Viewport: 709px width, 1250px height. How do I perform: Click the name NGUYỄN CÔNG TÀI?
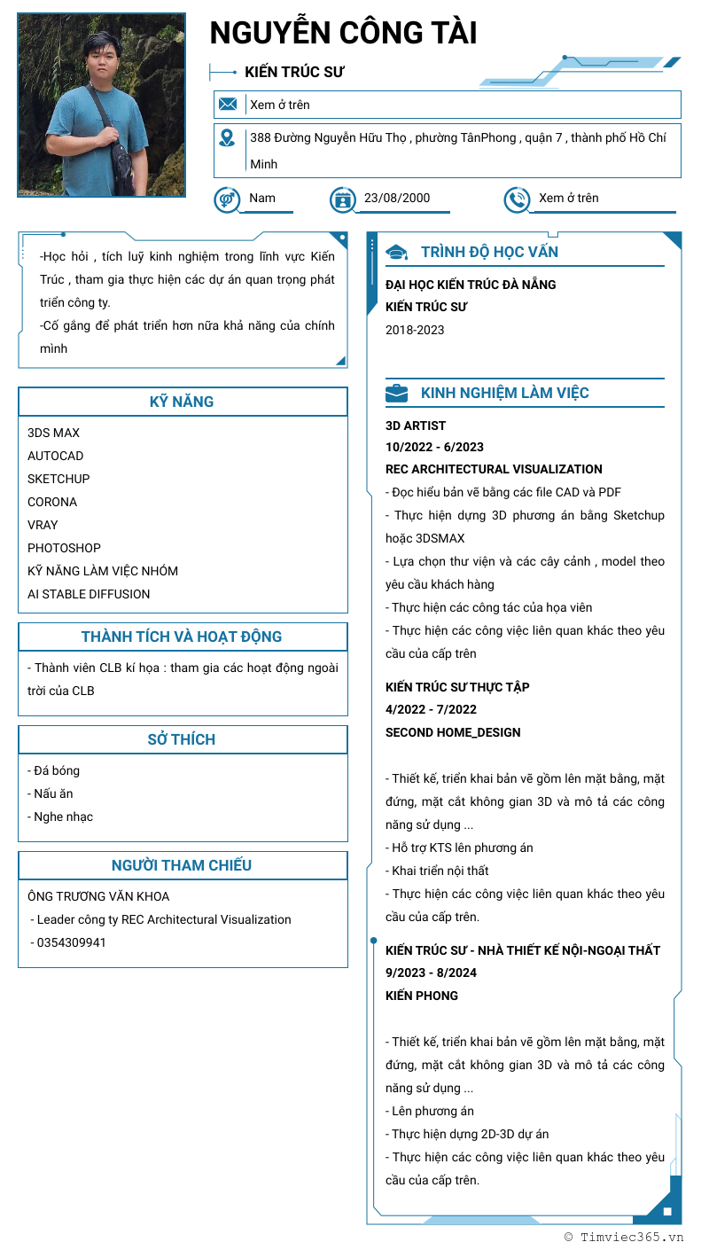[343, 34]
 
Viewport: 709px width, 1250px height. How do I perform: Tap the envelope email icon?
[228, 105]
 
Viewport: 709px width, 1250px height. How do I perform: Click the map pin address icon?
[228, 137]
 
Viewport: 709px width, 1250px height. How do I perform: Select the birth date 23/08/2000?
[397, 198]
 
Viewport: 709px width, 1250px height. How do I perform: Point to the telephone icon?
[517, 199]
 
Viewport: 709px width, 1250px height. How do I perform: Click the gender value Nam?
[262, 198]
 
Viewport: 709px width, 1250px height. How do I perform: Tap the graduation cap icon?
[397, 253]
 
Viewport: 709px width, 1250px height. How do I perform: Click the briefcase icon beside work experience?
[397, 393]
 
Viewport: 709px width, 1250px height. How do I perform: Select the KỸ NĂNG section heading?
[182, 402]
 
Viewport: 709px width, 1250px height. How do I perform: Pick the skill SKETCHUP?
[58, 479]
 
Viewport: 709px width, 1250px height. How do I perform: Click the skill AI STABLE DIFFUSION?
[89, 594]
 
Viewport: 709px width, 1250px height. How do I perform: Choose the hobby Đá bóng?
[55, 770]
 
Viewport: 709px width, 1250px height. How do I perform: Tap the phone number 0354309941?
[71, 942]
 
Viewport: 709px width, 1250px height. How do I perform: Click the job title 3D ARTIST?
[416, 426]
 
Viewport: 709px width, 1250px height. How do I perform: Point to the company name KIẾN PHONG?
[422, 996]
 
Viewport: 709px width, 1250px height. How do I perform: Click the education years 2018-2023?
[415, 330]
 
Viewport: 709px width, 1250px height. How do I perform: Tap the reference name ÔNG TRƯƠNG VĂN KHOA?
[98, 896]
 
